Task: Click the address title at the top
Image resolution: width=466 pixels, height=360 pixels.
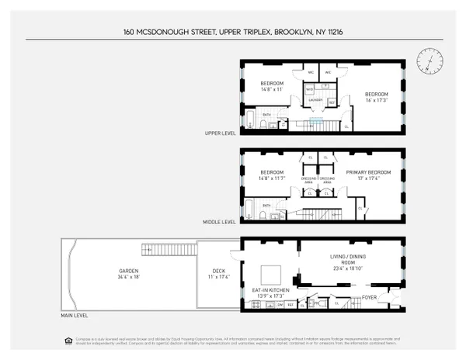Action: tap(232, 32)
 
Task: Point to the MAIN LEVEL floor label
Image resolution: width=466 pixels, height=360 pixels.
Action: tap(76, 316)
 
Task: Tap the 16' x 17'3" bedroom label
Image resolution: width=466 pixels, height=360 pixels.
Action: tap(381, 96)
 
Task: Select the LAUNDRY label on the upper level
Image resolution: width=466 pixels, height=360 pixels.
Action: tap(317, 99)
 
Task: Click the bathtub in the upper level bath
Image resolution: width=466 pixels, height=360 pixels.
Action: tap(252, 119)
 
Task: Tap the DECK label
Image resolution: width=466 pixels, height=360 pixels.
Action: tap(217, 272)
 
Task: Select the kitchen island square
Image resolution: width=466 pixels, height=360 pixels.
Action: tap(271, 274)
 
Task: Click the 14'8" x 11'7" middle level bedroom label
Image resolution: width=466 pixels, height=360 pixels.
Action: tap(273, 175)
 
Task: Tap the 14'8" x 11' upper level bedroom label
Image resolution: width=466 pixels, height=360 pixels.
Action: tap(272, 86)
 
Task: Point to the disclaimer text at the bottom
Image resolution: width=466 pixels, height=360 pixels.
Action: tap(232, 342)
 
